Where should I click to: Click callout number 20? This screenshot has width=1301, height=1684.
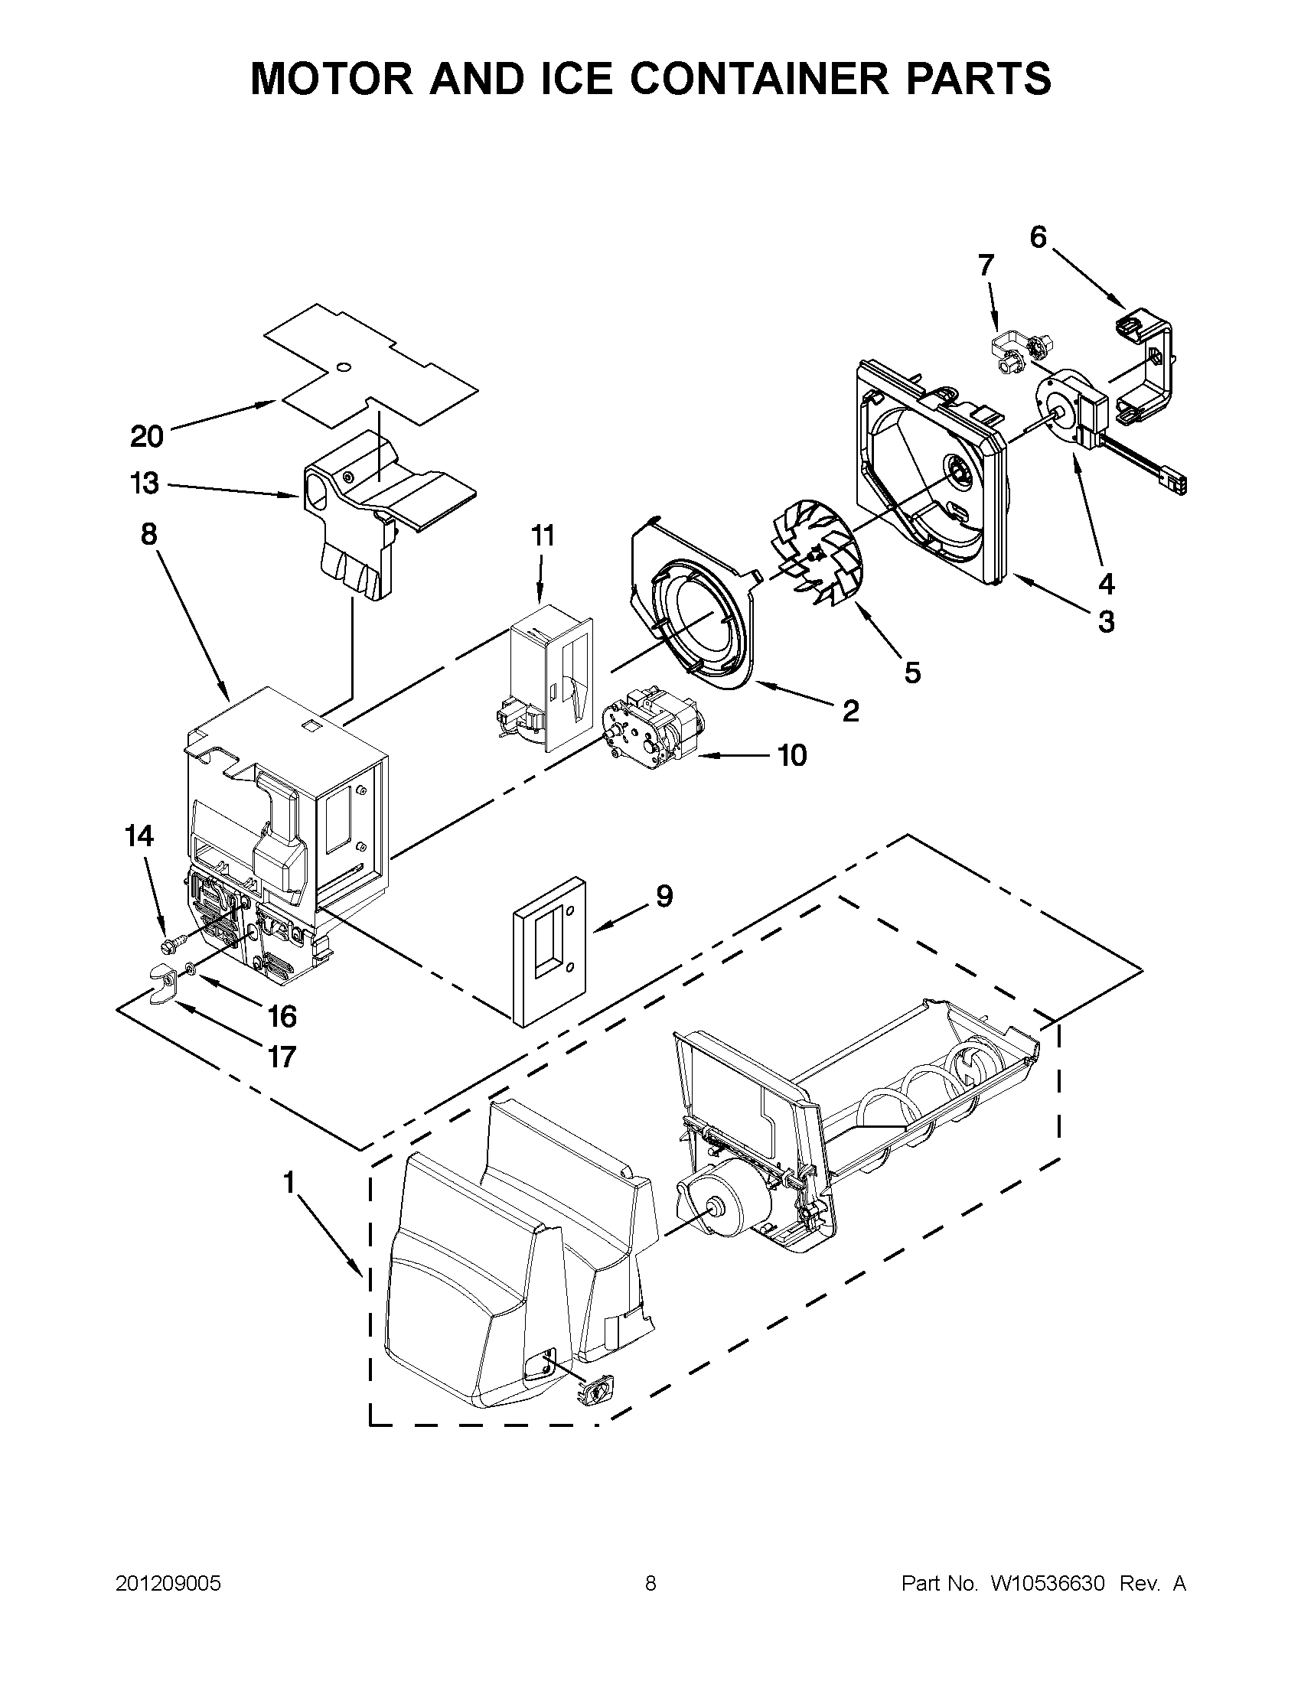[x=146, y=437]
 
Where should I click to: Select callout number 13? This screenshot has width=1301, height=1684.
[x=145, y=484]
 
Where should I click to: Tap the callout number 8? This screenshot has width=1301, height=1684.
[x=148, y=533]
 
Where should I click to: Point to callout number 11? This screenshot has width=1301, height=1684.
[x=543, y=535]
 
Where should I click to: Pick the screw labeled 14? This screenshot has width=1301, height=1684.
[x=171, y=943]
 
